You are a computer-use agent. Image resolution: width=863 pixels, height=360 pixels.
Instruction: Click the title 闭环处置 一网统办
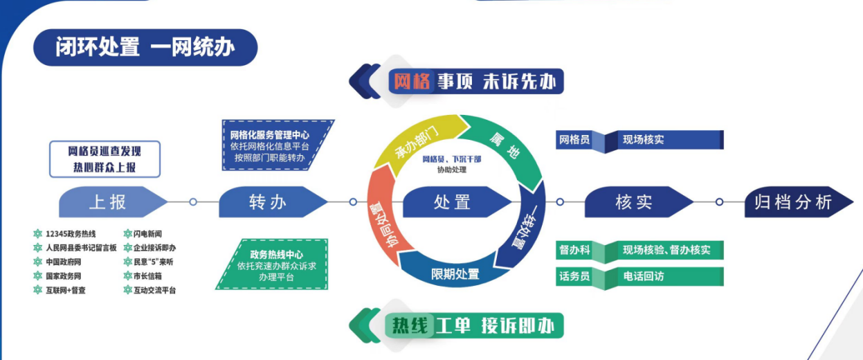[145, 47]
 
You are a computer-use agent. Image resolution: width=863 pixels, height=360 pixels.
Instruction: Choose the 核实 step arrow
[634, 202]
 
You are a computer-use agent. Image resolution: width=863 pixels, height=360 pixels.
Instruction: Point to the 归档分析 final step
[793, 202]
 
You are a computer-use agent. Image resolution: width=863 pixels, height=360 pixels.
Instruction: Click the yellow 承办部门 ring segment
[416, 143]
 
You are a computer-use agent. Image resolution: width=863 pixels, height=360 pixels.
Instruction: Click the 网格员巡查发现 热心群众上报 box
[105, 159]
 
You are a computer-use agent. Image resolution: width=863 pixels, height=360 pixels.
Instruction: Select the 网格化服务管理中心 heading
[270, 135]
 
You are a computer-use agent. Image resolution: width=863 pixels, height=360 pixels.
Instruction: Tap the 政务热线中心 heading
[276, 255]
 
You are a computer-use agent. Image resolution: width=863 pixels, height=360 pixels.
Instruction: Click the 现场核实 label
[643, 140]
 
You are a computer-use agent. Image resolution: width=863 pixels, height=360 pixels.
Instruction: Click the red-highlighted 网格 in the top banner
[412, 82]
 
